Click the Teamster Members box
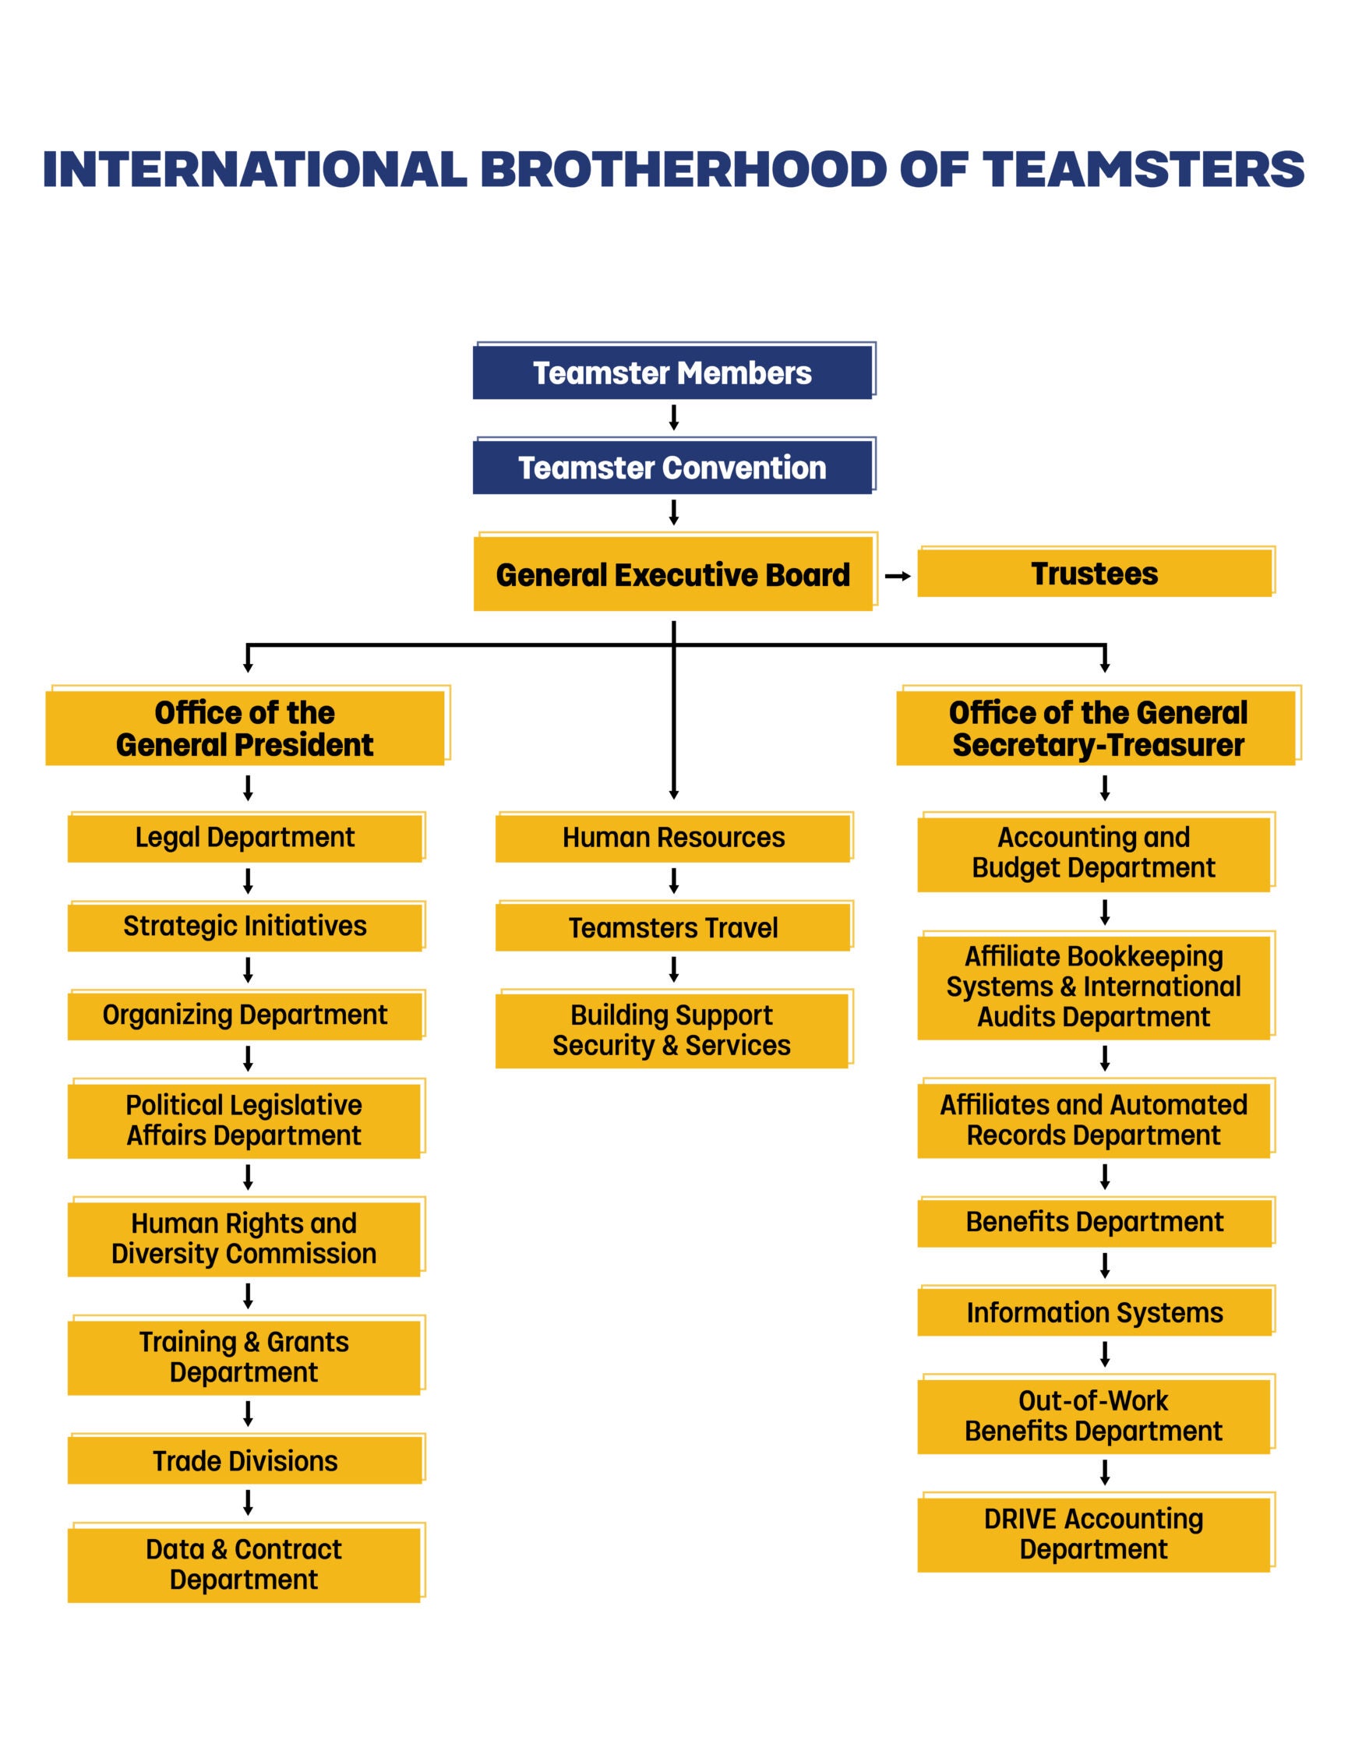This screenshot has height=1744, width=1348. click(672, 372)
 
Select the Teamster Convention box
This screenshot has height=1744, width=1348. click(672, 467)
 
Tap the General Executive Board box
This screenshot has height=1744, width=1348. click(672, 574)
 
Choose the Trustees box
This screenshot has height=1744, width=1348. click(1094, 574)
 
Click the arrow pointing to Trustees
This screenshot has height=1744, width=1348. click(898, 576)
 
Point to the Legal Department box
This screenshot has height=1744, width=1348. click(245, 838)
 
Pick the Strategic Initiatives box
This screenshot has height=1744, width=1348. click(245, 927)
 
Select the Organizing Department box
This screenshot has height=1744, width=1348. click(245, 1015)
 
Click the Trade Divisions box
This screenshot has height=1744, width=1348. click(245, 1460)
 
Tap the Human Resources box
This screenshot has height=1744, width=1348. click(673, 838)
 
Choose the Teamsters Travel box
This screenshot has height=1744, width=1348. click(673, 927)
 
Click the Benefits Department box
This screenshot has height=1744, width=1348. click(1094, 1222)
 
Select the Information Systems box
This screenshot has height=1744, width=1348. click(1094, 1312)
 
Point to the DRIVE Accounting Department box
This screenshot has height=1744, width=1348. click(1093, 1534)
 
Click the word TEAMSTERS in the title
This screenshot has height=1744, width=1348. click(1143, 169)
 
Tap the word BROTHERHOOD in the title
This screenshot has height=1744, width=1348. click(683, 169)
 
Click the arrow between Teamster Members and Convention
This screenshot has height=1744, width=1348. click(673, 418)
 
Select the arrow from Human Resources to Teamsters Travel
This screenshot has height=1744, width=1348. click(673, 881)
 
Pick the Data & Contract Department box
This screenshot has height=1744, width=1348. click(244, 1564)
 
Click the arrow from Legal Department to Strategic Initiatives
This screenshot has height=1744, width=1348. click(248, 881)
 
